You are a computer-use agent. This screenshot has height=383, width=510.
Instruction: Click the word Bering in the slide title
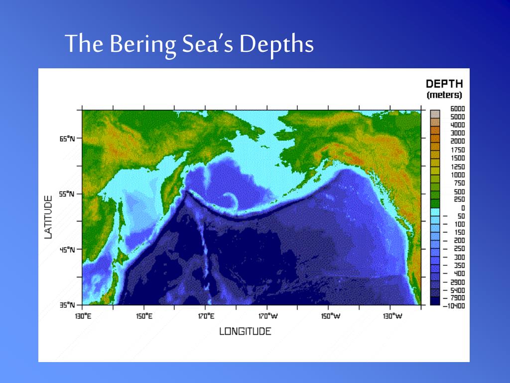142,44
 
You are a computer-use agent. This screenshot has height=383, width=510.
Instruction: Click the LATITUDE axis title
48,217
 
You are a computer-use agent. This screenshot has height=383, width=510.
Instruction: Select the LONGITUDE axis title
245,331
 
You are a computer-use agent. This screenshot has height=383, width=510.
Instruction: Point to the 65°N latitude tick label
67,139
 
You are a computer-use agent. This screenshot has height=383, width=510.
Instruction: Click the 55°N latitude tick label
67,194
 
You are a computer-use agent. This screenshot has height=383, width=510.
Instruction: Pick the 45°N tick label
67,250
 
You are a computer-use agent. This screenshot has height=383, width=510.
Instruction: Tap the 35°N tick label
67,305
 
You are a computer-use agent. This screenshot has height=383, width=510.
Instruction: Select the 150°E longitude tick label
144,316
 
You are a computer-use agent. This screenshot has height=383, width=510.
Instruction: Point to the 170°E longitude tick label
206,316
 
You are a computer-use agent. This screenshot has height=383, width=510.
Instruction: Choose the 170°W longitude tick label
267,316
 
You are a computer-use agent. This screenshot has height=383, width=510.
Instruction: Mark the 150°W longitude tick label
329,316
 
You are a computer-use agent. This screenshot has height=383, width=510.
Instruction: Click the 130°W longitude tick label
391,316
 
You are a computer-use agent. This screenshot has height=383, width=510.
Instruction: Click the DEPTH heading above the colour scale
444,84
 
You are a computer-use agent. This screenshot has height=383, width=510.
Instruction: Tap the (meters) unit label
444,95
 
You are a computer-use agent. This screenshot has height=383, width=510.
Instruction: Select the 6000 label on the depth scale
457,109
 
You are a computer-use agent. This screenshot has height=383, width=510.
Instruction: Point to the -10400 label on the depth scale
454,306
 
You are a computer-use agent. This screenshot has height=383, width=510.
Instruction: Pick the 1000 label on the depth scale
457,175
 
